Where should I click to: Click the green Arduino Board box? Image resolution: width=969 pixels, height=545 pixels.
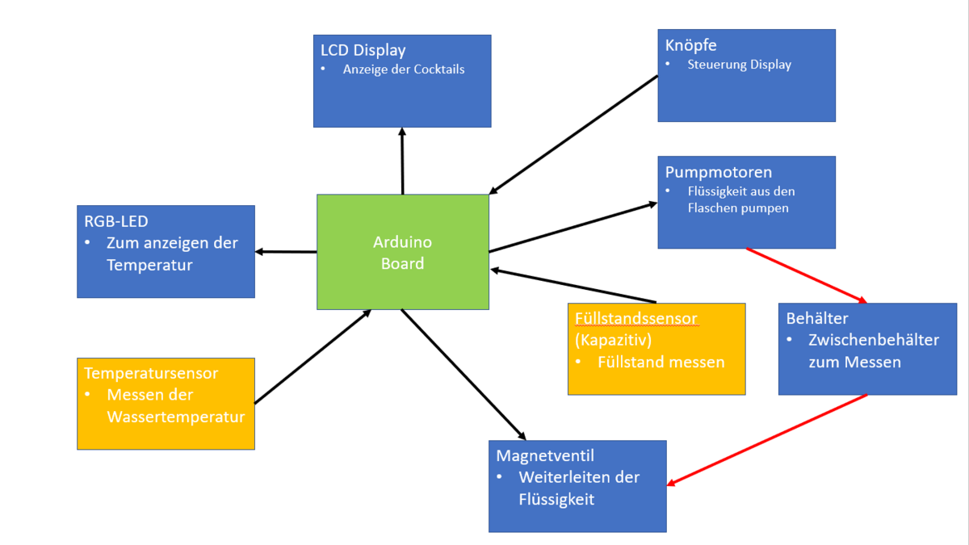tap(402, 252)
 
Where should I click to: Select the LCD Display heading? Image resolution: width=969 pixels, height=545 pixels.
tap(363, 50)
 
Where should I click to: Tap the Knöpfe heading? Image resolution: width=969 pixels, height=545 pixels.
tap(690, 45)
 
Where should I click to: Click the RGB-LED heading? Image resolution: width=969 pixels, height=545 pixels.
tap(116, 221)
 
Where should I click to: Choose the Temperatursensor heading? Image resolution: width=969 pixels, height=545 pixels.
tap(151, 373)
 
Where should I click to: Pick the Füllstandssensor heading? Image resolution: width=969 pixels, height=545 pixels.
tap(636, 318)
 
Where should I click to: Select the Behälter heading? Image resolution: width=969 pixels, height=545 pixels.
tap(817, 318)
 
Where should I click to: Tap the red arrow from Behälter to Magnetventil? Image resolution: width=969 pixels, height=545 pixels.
tap(767, 440)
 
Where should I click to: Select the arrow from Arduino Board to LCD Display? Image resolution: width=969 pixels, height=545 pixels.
tap(401, 161)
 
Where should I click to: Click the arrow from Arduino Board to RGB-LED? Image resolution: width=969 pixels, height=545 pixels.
tap(286, 252)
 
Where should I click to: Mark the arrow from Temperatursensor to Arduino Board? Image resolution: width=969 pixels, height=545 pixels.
tap(313, 356)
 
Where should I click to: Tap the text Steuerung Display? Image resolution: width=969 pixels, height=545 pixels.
tap(739, 65)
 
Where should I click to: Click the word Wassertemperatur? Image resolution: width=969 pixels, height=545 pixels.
tap(175, 417)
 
